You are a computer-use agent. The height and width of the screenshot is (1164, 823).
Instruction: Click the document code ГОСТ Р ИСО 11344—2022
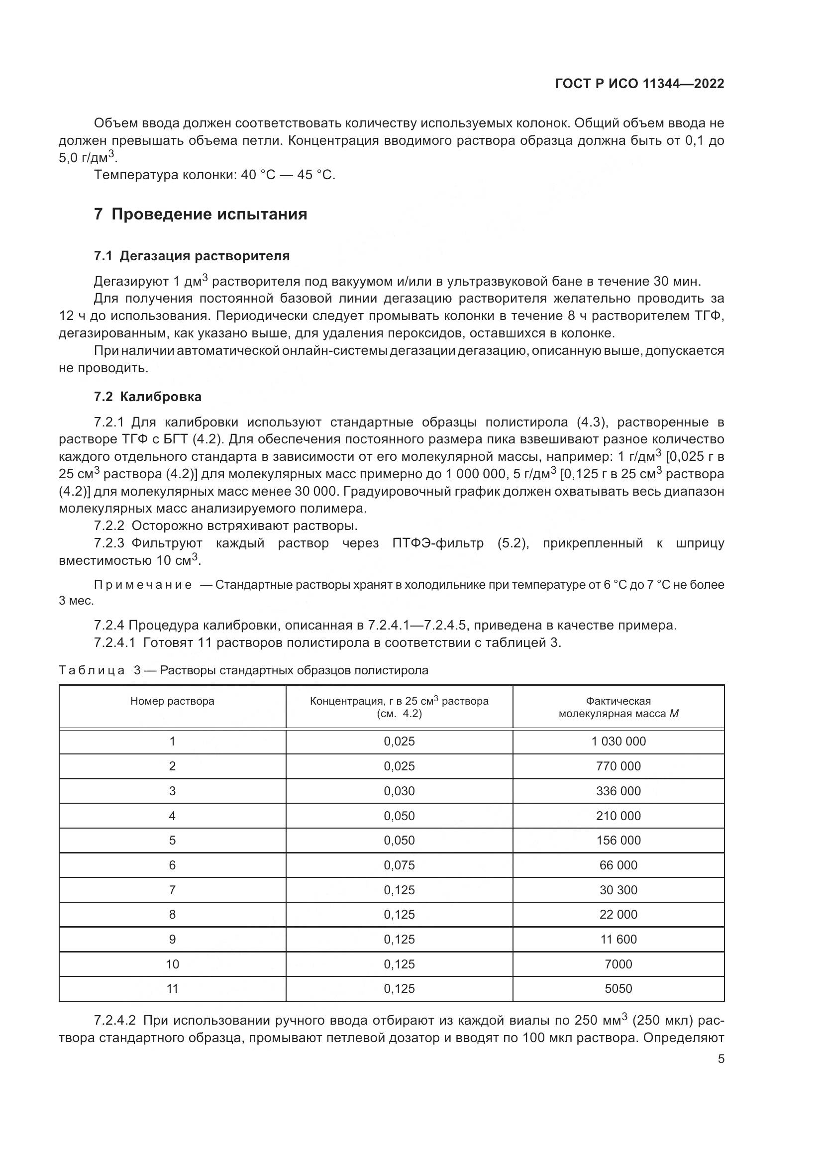click(x=639, y=84)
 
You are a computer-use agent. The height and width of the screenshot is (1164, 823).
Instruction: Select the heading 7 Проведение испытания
click(x=200, y=214)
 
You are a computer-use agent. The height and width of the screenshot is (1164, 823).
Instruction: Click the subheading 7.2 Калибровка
click(x=147, y=397)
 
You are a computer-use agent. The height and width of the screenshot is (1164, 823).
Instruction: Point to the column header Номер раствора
click(x=172, y=701)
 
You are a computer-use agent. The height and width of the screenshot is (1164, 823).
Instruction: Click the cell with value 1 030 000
click(x=618, y=741)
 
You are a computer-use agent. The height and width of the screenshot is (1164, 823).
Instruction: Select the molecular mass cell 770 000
click(x=618, y=766)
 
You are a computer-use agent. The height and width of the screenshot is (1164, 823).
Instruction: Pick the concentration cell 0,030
click(x=399, y=791)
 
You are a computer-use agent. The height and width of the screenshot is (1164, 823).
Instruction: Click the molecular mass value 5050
click(x=618, y=988)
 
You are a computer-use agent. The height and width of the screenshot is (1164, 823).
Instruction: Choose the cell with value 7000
click(x=618, y=964)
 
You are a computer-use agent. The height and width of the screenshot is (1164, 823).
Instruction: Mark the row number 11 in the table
click(x=172, y=988)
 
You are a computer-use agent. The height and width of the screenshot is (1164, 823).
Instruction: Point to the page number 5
click(x=720, y=1059)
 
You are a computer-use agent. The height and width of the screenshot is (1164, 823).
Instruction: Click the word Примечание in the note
click(x=143, y=585)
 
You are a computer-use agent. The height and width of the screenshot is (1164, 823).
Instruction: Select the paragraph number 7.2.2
click(x=109, y=525)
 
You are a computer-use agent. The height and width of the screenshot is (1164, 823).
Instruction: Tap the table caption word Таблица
click(x=92, y=670)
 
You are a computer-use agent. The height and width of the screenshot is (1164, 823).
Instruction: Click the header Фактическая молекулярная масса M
click(x=618, y=707)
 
